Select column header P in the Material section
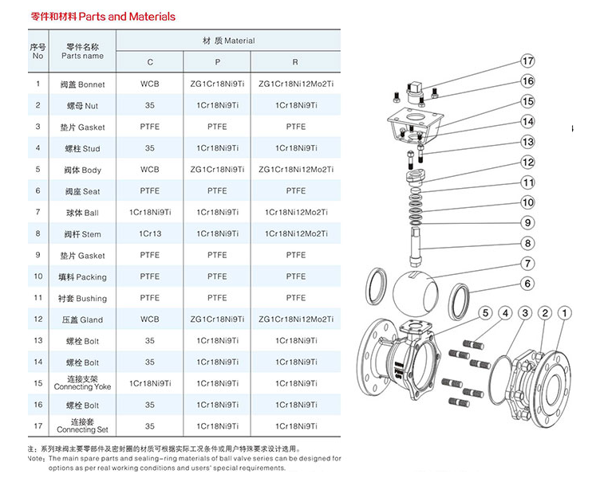218,62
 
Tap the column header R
295,62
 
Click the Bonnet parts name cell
82,84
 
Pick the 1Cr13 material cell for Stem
150,233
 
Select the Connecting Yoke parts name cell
82,383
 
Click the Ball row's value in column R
296,213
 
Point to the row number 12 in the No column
38,319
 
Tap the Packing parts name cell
82,277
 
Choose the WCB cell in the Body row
150,170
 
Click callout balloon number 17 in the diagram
527,61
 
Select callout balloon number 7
527,264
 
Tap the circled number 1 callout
565,313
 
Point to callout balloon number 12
527,162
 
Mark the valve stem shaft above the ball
416,247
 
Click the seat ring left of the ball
376,287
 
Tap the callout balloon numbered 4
505,313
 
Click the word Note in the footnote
36,459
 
